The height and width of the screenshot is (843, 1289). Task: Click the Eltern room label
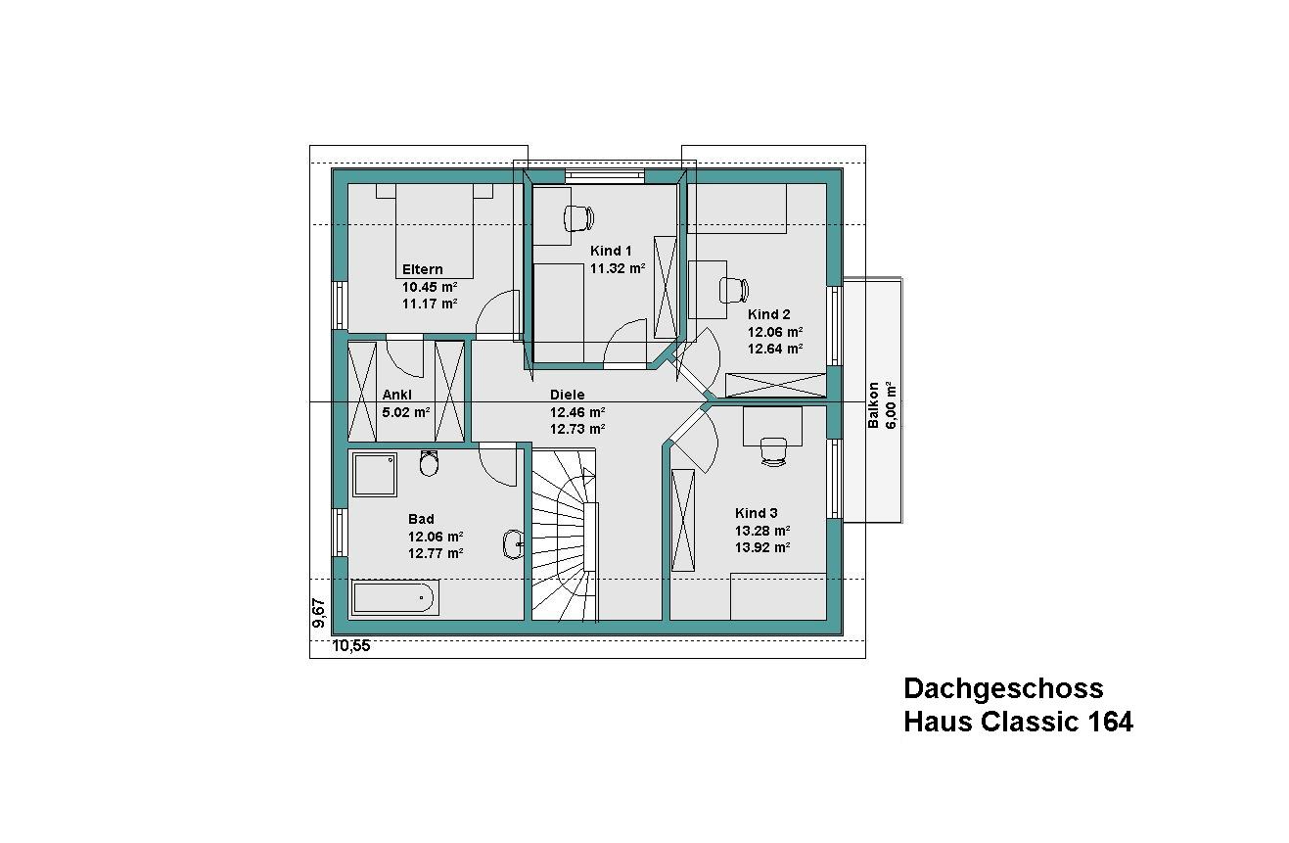423,269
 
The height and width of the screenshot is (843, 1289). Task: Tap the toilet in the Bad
429,463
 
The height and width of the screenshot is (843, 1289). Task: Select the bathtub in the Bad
394,597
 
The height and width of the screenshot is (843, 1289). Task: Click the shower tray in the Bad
375,475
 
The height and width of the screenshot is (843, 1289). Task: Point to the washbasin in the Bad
513,544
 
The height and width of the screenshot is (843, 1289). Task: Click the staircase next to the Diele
565,535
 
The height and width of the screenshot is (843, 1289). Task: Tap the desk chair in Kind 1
578,218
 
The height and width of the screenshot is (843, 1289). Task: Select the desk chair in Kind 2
734,290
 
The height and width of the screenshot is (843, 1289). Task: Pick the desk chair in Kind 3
773,450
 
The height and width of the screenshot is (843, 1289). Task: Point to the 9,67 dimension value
318,613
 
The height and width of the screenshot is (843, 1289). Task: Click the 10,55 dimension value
351,646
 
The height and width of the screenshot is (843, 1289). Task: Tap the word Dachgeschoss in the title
1003,688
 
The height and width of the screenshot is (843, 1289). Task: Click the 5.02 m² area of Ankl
406,412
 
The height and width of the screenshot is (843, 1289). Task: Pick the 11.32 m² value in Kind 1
618,268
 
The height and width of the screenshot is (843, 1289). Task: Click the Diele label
568,395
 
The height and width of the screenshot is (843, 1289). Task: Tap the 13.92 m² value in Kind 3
762,547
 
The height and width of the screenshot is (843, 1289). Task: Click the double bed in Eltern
435,231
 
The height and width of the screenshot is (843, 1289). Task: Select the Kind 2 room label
768,314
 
